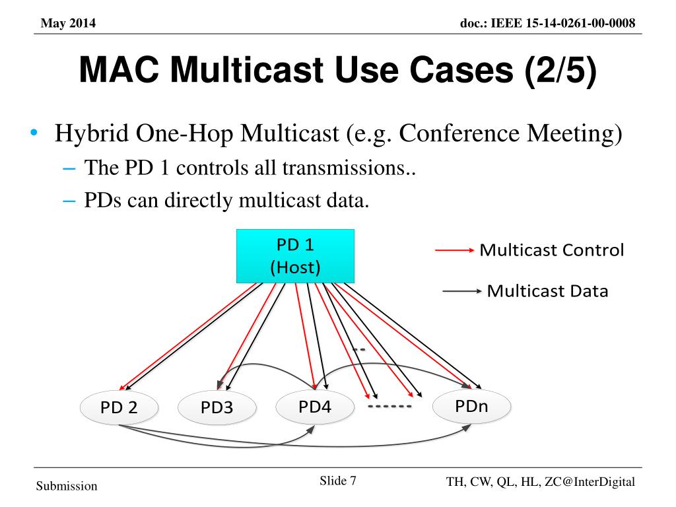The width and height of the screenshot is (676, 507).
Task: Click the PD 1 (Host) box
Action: (x=295, y=256)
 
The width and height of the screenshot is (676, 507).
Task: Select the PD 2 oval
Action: (x=119, y=407)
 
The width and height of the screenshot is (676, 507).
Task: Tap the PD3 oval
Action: (x=217, y=407)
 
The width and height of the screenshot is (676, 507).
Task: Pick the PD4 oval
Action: (x=314, y=406)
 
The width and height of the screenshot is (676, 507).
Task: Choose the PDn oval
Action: (x=471, y=405)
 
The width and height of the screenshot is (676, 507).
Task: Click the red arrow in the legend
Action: (x=454, y=251)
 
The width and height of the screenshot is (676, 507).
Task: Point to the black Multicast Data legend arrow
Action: (x=461, y=291)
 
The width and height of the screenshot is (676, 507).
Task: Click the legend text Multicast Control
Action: (x=551, y=251)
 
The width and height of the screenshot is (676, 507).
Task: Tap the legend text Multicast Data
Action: (x=547, y=291)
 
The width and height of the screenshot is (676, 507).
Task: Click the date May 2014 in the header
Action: (x=68, y=24)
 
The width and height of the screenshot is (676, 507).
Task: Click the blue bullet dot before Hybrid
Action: (x=33, y=135)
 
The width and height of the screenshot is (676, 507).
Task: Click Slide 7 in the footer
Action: (x=338, y=481)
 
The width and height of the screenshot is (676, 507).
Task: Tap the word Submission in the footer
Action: (x=66, y=487)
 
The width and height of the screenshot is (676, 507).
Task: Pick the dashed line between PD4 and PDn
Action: (x=389, y=406)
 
